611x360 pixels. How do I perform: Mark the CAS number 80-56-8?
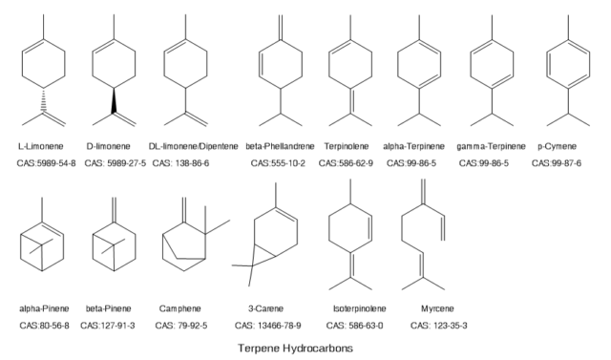coord(43,327)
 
